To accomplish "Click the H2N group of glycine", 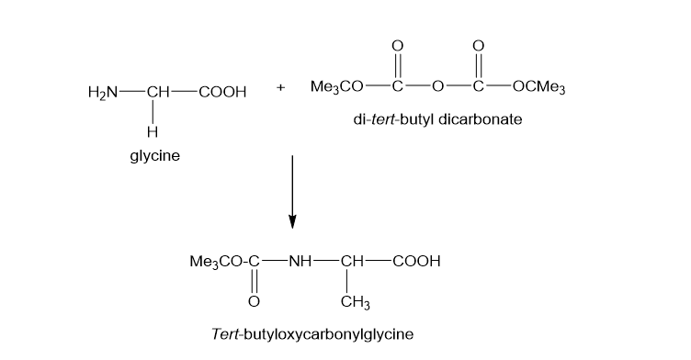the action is click(x=103, y=93).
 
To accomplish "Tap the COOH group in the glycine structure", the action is click(x=222, y=92).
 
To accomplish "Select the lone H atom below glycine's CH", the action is click(x=153, y=131).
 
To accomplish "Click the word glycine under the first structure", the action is click(x=155, y=156).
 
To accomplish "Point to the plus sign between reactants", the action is click(x=281, y=87).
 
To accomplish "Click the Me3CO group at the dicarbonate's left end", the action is click(x=337, y=86).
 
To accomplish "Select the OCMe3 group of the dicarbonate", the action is click(x=539, y=86).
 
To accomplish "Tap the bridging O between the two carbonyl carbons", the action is click(x=437, y=86).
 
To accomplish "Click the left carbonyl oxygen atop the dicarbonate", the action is click(x=398, y=46).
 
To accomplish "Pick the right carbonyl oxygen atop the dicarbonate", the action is click(x=478, y=46).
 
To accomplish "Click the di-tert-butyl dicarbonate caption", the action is click(x=437, y=119).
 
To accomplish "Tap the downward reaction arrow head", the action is click(x=292, y=221).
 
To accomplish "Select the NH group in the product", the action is click(x=300, y=262).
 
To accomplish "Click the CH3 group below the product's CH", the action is click(x=356, y=302).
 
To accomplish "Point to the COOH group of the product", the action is click(x=416, y=262).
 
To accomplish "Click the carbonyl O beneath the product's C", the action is click(x=254, y=302).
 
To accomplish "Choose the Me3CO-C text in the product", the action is click(x=225, y=262).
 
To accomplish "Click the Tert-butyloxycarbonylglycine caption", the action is click(x=312, y=334).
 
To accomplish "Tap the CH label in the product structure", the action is click(x=352, y=262).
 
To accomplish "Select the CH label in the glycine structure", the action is click(x=158, y=92).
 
